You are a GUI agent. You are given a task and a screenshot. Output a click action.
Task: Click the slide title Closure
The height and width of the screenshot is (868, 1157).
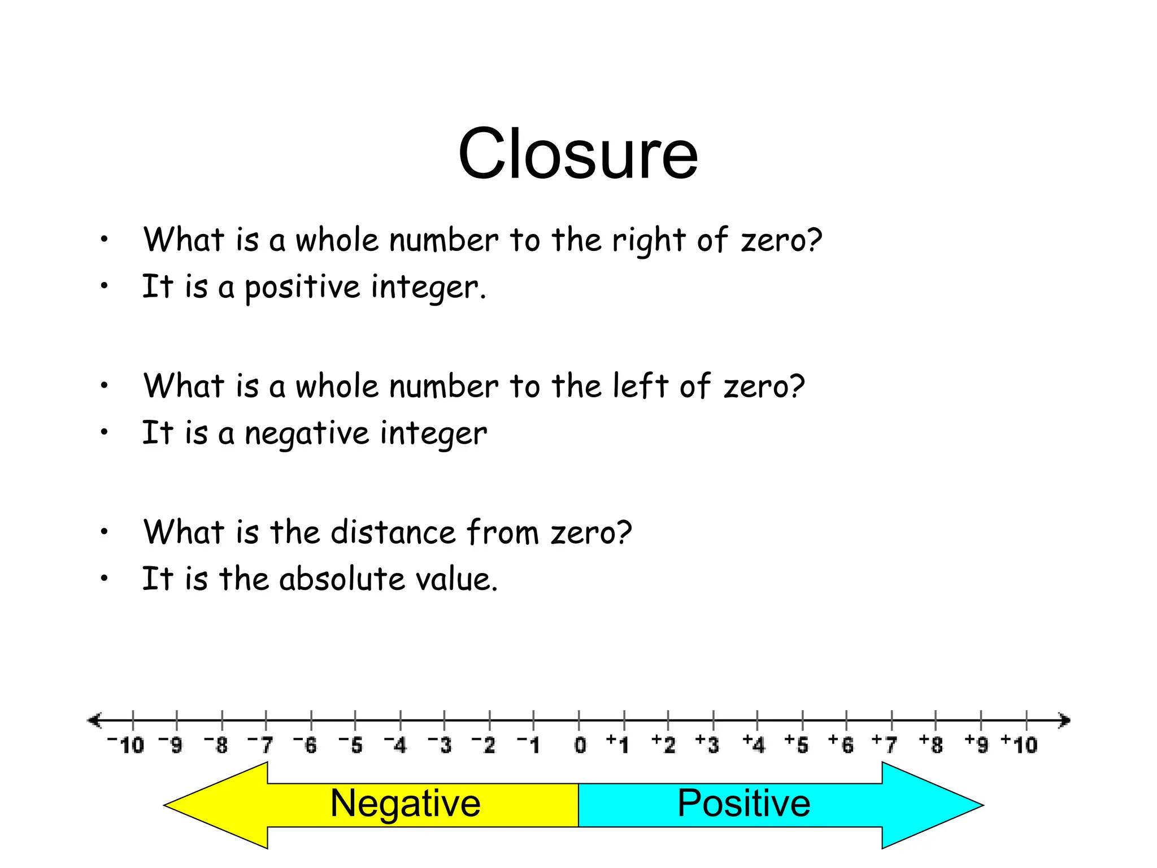point(578,154)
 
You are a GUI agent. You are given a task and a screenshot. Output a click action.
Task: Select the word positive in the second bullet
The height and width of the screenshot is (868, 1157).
point(302,288)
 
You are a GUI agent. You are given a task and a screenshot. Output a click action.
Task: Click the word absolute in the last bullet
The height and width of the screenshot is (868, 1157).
point(341,579)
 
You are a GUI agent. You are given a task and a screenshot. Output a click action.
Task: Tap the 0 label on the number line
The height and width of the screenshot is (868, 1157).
point(580,745)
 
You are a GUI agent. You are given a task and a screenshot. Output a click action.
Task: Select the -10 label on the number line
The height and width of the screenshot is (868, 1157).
point(126,745)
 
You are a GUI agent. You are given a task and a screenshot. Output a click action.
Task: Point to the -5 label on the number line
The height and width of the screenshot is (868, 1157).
point(351,745)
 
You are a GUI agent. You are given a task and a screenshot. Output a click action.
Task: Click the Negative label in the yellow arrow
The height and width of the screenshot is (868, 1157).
point(405,803)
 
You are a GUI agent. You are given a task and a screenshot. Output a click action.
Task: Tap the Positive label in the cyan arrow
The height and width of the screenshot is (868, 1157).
point(743,803)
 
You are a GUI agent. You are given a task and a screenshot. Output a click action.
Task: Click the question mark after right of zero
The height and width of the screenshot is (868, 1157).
point(814,240)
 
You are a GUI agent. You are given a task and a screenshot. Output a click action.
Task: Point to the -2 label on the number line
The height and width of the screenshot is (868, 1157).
point(484,745)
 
